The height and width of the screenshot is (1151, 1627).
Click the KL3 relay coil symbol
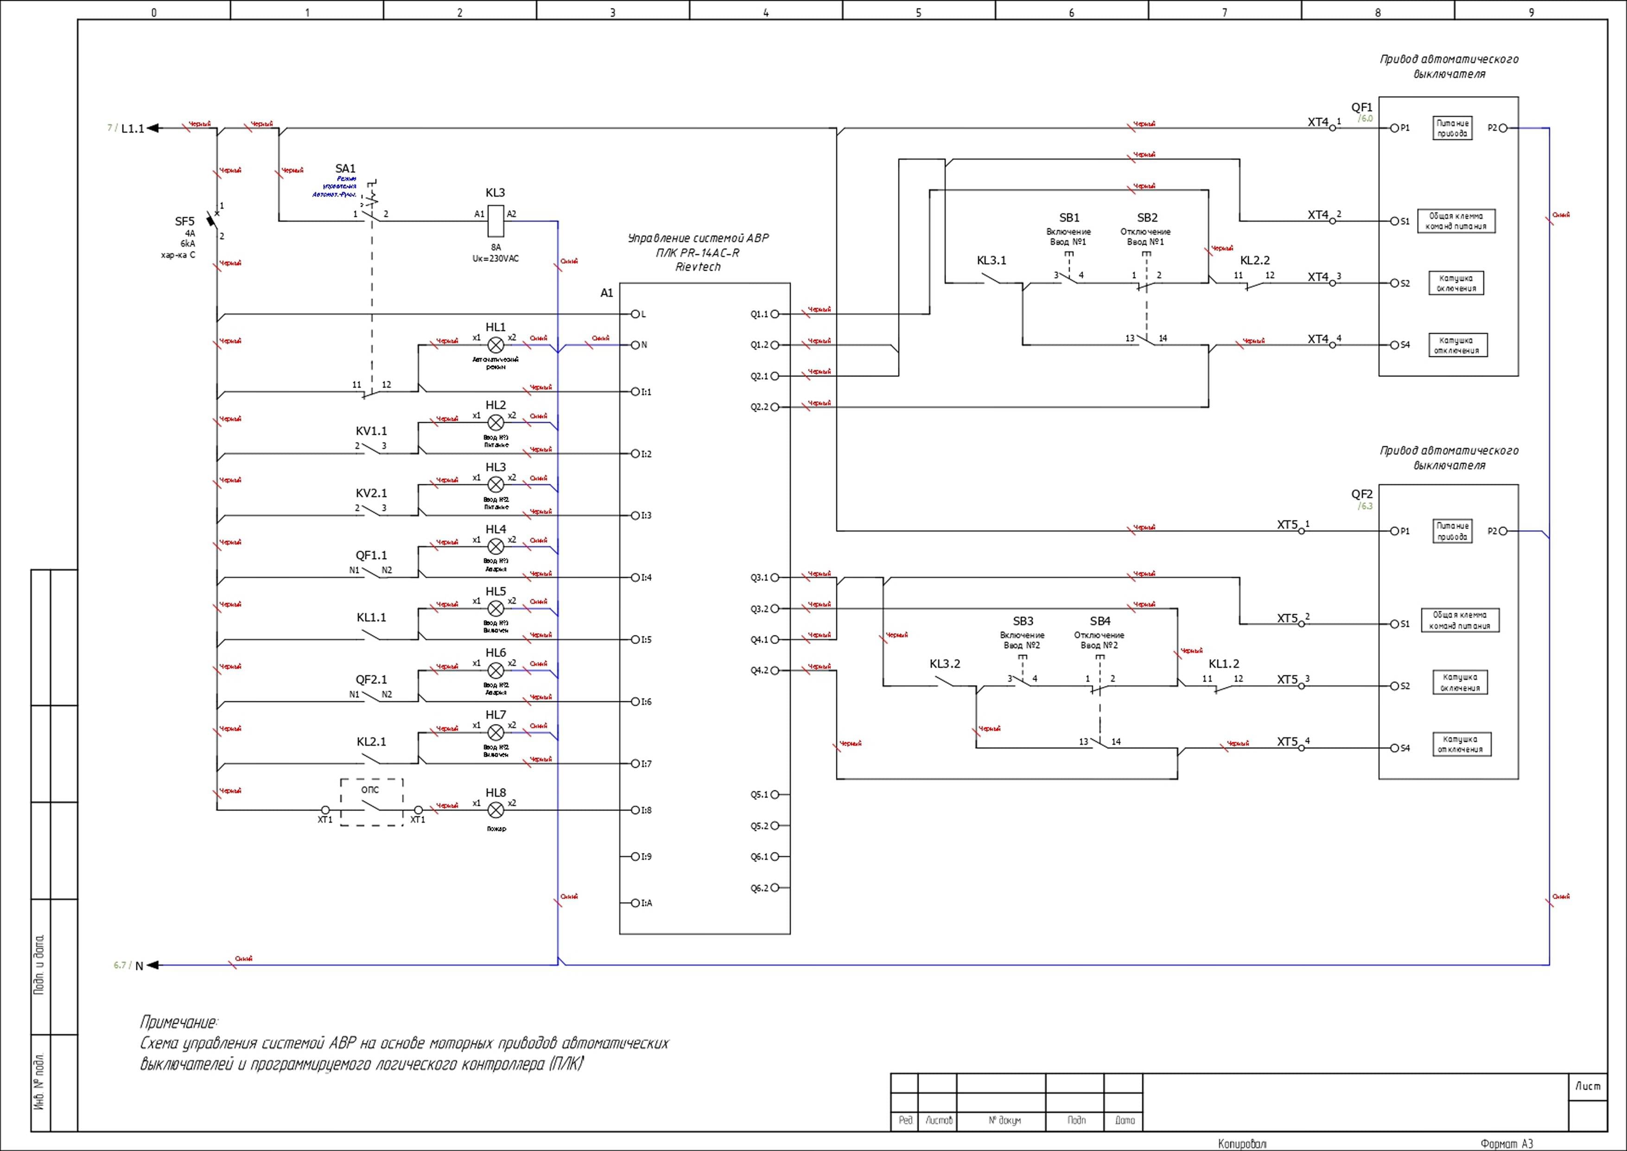coord(496,220)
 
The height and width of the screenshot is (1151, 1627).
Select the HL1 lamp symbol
coord(496,345)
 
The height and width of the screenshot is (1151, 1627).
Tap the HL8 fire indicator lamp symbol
coord(496,810)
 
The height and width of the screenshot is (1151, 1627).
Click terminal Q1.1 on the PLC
coord(775,314)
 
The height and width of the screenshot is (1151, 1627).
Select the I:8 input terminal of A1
coord(636,810)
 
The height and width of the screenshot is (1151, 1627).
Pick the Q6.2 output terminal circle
coord(775,887)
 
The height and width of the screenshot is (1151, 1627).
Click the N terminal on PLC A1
coord(636,345)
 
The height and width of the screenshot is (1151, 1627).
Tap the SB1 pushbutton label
coord(1069,217)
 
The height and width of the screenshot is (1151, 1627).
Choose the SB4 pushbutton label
coord(1100,621)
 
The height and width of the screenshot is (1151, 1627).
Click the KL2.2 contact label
coord(1255,260)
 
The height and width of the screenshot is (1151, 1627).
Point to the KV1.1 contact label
coord(371,431)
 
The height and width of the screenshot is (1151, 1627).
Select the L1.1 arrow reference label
coord(133,128)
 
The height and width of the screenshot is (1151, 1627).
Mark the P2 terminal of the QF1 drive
coord(1503,128)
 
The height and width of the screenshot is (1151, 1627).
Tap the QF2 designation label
coord(1361,494)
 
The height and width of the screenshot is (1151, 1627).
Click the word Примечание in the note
coord(178,1022)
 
